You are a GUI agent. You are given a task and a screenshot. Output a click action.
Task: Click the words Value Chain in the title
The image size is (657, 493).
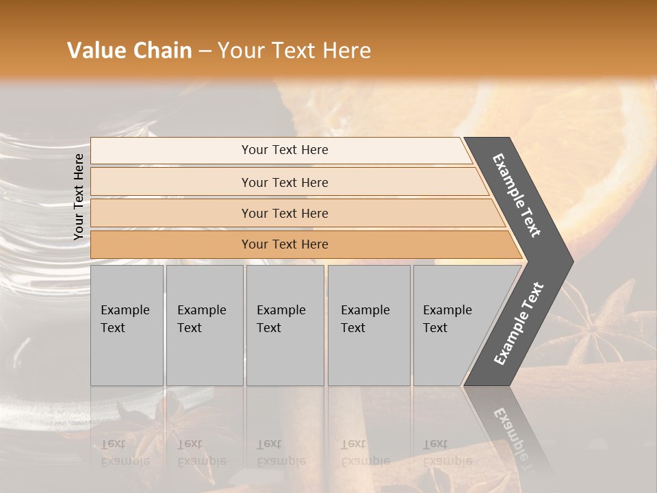coord(129,51)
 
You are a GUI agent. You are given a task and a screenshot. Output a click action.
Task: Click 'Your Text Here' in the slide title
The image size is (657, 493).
coord(294,51)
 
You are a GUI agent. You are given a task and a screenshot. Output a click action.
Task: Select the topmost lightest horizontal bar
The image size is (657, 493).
coord(284,150)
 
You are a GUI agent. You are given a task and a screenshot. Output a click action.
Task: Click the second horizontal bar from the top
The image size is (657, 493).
coord(284,182)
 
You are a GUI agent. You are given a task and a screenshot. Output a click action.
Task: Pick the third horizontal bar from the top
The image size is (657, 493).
coord(284,213)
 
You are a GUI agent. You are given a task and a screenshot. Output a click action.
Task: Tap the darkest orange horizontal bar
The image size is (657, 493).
coord(284,244)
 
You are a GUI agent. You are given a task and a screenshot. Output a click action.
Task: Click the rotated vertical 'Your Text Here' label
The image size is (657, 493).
coord(79,197)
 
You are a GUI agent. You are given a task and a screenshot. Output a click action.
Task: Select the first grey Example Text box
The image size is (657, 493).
coord(127,325)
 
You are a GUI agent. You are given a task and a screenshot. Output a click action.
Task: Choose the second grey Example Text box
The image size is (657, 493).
coord(204,325)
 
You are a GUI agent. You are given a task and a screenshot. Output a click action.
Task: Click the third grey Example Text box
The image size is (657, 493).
coord(285,325)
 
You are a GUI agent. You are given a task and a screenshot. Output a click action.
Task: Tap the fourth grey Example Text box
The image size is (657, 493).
coord(368,325)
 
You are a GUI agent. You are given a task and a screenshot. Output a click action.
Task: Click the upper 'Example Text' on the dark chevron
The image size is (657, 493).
coord(517,196)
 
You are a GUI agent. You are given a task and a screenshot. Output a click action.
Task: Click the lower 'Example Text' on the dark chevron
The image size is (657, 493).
coord(519,323)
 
